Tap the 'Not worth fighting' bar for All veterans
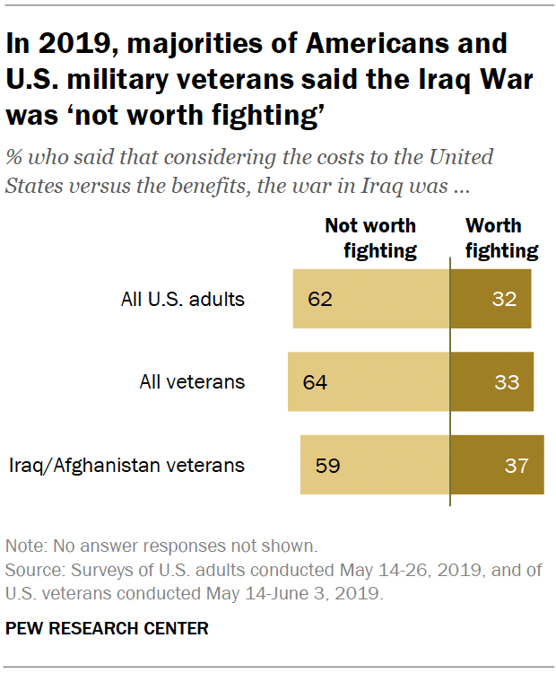[x=369, y=381]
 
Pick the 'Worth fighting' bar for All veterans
[x=491, y=381]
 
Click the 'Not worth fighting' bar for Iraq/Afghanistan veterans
[x=375, y=465]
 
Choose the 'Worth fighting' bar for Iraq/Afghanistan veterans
[x=497, y=465]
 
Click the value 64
[x=315, y=382]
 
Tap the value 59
[x=327, y=466]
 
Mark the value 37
[x=517, y=466]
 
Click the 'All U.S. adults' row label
[x=182, y=300]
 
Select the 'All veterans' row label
[x=192, y=382]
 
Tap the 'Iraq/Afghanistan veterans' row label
[x=126, y=466]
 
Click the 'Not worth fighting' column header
[x=370, y=238]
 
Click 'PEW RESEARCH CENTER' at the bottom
[x=107, y=629]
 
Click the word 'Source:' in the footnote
[x=31, y=570]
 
